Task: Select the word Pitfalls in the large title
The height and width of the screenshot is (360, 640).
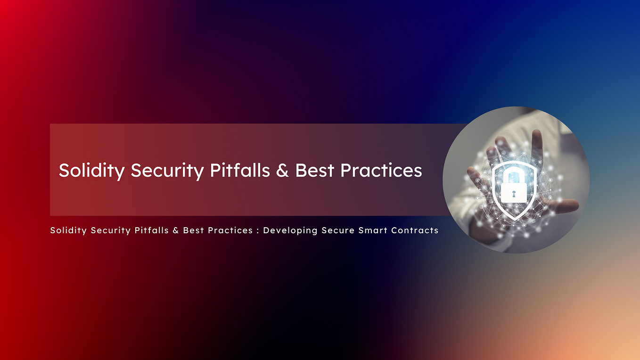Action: [x=240, y=170]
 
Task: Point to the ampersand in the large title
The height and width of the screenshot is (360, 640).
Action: [x=282, y=171]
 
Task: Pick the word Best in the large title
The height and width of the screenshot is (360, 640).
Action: [x=315, y=170]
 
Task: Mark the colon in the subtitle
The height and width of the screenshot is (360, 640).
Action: [x=258, y=231]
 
